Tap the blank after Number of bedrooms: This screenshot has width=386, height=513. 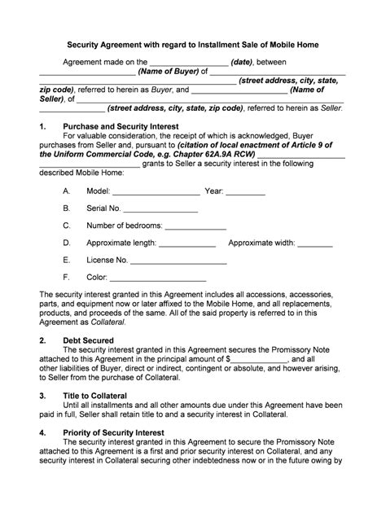(x=195, y=226)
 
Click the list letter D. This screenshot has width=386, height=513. (x=66, y=243)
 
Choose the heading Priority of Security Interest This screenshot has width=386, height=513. (x=114, y=432)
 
